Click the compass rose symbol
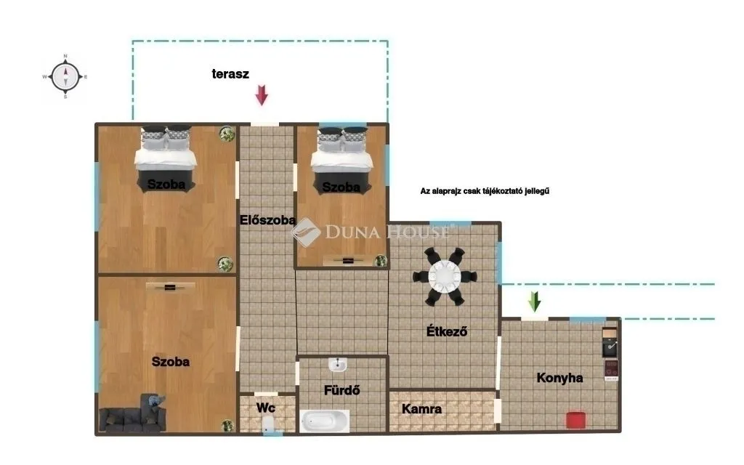click(65, 76)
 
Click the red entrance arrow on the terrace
click(262, 95)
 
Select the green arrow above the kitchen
click(535, 301)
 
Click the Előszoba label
click(267, 219)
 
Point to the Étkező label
click(446, 332)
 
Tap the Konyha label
click(559, 377)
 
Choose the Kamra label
click(422, 409)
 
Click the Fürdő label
click(341, 390)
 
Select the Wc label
click(265, 408)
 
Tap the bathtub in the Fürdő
click(325, 421)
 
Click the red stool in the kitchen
click(575, 419)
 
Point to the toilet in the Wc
click(268, 426)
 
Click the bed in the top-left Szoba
click(166, 155)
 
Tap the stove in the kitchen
click(610, 369)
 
